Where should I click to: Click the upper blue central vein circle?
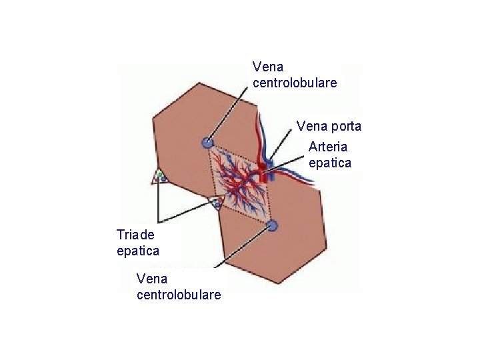click(x=207, y=142)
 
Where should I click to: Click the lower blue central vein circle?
click(x=271, y=227)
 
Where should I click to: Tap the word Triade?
click(x=135, y=235)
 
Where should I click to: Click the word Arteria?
click(x=329, y=147)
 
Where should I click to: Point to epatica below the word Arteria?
click(x=330, y=163)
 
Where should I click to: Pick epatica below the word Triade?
click(x=138, y=251)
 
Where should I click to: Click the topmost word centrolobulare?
click(x=295, y=83)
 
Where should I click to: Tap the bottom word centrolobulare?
click(x=179, y=294)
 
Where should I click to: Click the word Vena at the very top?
click(x=268, y=67)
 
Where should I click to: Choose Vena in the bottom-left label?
click(x=151, y=277)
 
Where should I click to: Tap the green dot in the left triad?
click(x=160, y=175)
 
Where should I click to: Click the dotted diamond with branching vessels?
click(x=240, y=183)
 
